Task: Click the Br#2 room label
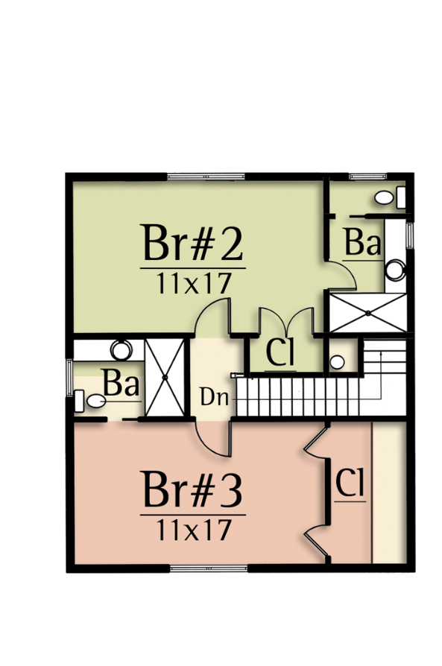[193, 243]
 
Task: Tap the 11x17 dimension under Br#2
[195, 283]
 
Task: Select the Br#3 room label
[193, 489]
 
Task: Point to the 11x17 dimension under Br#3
[195, 530]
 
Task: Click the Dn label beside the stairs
[214, 398]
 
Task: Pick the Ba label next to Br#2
[362, 243]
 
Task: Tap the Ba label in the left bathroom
[121, 383]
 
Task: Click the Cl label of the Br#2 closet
[280, 352]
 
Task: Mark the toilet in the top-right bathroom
[390, 197]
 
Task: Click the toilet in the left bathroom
[89, 401]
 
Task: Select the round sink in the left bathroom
[121, 350]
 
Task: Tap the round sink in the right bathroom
[395, 270]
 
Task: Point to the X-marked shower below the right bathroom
[368, 313]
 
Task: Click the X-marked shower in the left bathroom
[165, 377]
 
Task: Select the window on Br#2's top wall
[206, 177]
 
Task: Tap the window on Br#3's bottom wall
[209, 568]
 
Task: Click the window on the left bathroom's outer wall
[69, 378]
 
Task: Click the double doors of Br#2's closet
[287, 320]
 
